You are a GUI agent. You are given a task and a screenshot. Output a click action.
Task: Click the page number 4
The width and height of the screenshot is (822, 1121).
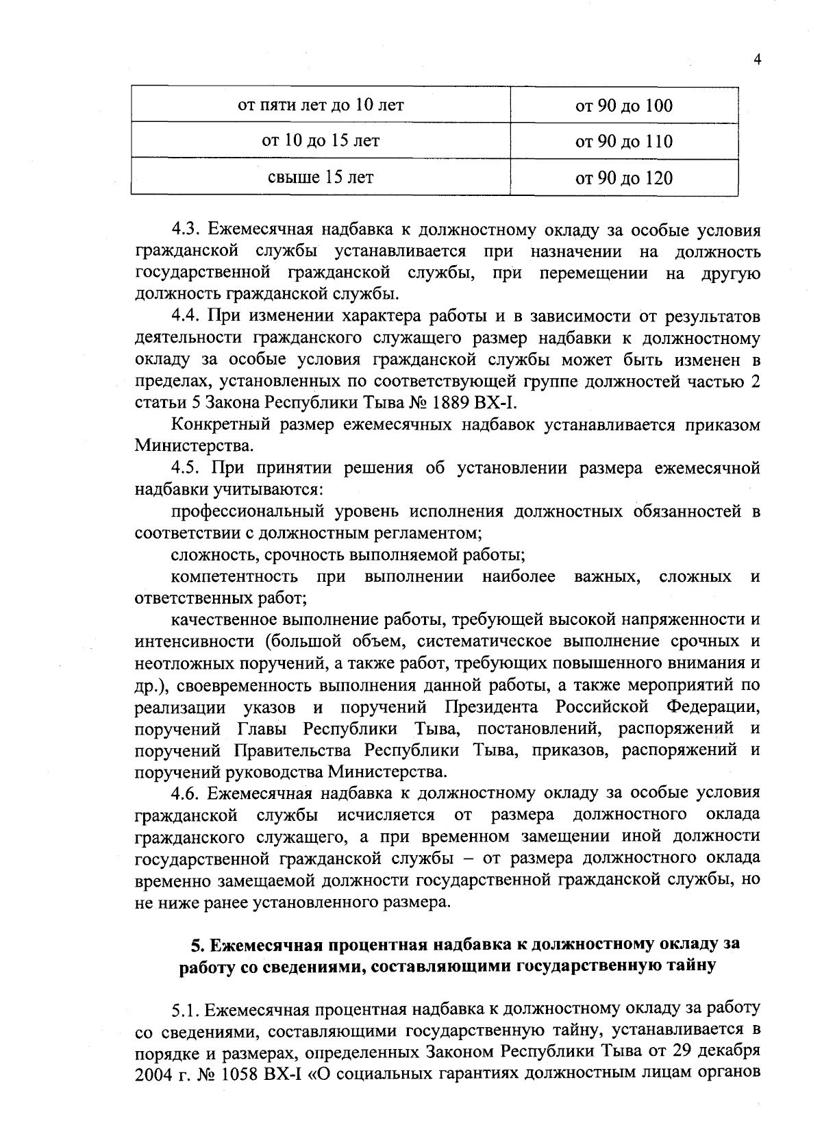(757, 60)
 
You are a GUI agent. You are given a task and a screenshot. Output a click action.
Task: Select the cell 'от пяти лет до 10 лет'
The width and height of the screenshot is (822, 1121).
(321, 105)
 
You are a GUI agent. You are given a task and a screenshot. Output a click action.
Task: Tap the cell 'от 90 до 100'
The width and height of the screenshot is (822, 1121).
(624, 106)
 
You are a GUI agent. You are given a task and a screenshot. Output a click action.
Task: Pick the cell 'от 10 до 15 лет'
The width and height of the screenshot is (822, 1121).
(321, 141)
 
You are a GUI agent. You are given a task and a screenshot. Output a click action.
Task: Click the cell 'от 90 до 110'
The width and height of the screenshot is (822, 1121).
(624, 142)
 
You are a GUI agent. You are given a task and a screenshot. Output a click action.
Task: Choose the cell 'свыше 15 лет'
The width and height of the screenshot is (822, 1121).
(321, 177)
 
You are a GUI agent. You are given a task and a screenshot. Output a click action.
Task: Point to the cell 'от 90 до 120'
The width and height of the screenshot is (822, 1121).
(624, 178)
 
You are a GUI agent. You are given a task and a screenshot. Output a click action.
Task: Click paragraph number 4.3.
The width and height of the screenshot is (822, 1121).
(184, 230)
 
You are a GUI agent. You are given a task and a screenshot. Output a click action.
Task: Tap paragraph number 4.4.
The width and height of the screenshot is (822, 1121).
(184, 317)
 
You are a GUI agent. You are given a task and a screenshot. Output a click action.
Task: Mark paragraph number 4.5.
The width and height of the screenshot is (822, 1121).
(184, 468)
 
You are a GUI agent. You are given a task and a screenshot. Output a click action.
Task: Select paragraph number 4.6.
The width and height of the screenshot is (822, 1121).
(184, 793)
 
